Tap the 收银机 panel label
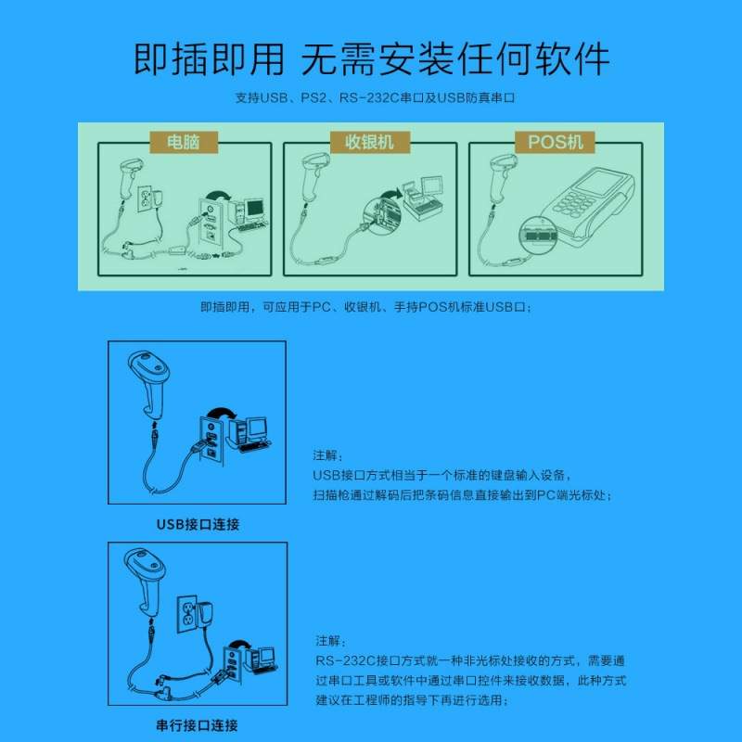[x=369, y=143]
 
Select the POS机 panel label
[x=556, y=143]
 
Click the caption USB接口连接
[x=198, y=524]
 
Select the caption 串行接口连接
[x=198, y=725]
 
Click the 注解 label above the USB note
[x=326, y=456]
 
